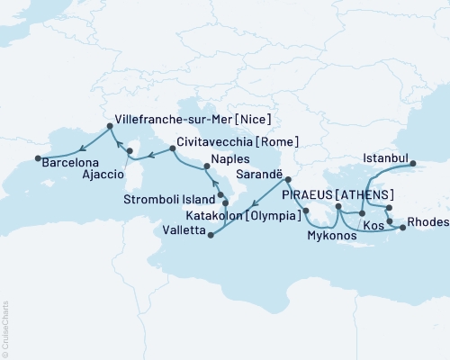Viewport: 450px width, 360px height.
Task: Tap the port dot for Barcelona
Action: coord(38,158)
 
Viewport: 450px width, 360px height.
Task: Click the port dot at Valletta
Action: coord(211,237)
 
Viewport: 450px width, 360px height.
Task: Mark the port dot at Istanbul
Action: coord(413,164)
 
